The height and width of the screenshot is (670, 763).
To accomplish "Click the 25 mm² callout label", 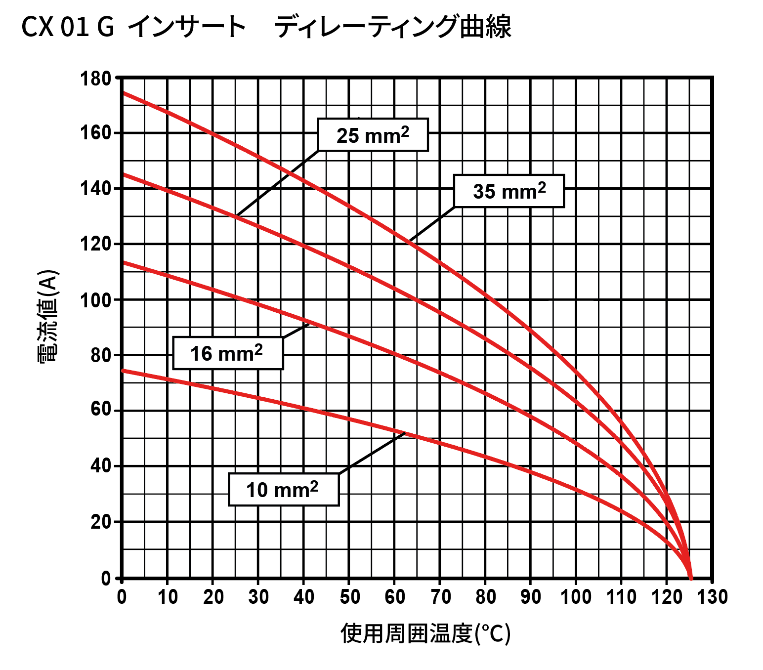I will (x=373, y=135).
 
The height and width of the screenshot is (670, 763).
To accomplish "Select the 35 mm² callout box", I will (x=509, y=191).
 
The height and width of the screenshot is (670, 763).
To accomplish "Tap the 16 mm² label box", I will (x=228, y=353).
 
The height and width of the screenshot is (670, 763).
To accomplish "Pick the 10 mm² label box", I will (x=283, y=490).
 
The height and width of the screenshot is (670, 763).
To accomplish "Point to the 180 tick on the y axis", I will (x=96, y=79).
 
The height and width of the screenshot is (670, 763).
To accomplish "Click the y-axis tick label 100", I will (x=96, y=300).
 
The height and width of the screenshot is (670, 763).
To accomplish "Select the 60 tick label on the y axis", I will (x=101, y=410).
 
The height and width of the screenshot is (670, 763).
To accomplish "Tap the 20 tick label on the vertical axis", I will (x=101, y=522).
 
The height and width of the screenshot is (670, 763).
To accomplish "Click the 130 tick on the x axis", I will (x=712, y=597).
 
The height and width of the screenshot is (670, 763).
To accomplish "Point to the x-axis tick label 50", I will (x=349, y=597).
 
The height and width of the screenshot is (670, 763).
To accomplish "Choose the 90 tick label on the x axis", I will (x=531, y=597).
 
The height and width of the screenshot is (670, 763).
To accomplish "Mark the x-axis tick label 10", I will (x=168, y=597).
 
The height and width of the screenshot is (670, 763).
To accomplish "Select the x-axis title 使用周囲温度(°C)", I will (x=425, y=633).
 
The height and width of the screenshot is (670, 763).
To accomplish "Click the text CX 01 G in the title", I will (x=68, y=27).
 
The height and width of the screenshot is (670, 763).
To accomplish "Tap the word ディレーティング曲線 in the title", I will (x=393, y=27).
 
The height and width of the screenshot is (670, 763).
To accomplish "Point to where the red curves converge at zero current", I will (x=690, y=577).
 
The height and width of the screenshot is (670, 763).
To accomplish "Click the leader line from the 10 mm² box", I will (x=371, y=454).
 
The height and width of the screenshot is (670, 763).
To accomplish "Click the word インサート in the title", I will (x=187, y=27).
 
